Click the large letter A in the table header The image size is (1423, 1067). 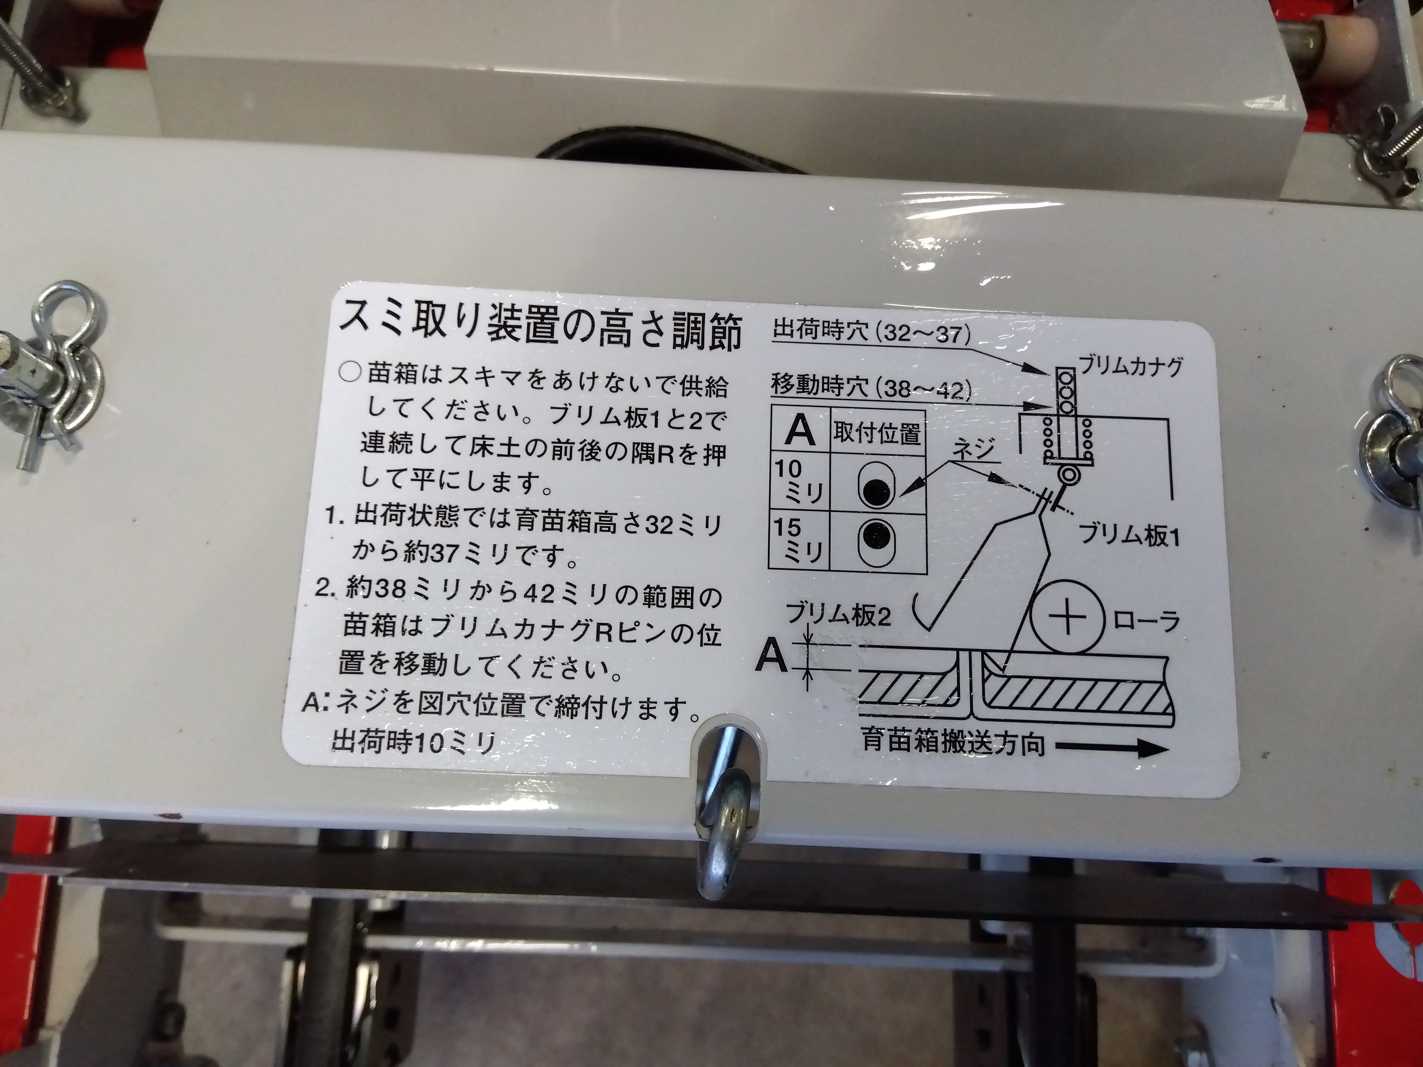[x=801, y=431]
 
